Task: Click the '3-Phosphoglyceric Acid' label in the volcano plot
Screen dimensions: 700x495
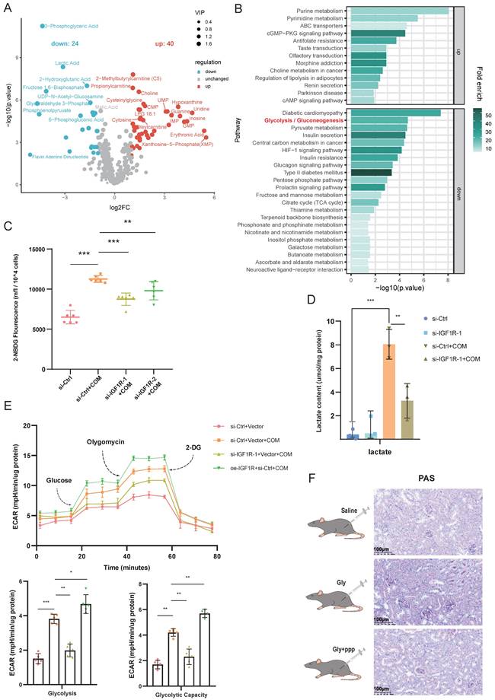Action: tap(72, 26)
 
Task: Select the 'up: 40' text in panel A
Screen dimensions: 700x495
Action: tap(167, 43)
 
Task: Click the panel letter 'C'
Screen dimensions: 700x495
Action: tap(7, 226)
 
